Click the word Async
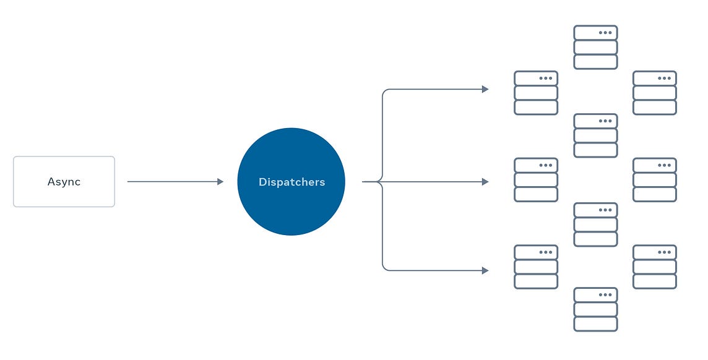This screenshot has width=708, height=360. click(x=64, y=182)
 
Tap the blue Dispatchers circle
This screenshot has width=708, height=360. click(x=291, y=182)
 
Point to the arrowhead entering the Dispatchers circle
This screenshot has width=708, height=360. click(x=220, y=182)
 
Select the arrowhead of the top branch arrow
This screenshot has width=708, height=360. click(x=485, y=89)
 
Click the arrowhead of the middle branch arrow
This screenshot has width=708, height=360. click(x=485, y=182)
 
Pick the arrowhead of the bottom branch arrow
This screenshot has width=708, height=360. click(x=485, y=270)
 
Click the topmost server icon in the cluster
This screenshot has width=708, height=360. click(x=595, y=47)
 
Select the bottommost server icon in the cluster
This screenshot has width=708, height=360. click(x=595, y=309)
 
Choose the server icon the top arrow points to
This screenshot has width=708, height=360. click(x=536, y=93)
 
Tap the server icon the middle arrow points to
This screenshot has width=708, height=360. click(x=536, y=180)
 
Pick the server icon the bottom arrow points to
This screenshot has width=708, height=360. click(x=536, y=267)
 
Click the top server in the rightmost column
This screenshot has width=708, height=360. click(x=655, y=93)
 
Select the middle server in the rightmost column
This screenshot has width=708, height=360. click(x=655, y=180)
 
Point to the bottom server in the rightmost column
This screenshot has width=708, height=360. click(x=655, y=267)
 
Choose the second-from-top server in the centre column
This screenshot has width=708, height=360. click(x=595, y=135)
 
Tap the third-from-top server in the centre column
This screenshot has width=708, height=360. click(x=595, y=225)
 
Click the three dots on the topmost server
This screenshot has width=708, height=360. click(x=605, y=33)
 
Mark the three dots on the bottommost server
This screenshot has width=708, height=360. click(x=605, y=295)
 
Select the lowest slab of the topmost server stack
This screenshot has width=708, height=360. click(x=595, y=62)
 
